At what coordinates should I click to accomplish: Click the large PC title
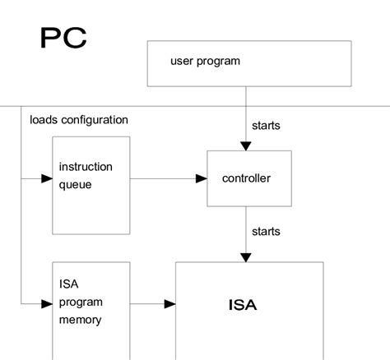click(63, 38)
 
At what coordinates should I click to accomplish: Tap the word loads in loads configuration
click(44, 120)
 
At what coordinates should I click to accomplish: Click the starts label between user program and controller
click(265, 126)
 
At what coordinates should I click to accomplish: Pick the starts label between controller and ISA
click(265, 232)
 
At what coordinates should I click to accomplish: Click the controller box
click(248, 178)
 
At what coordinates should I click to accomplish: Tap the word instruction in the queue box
click(86, 167)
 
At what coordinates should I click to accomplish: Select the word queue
click(75, 184)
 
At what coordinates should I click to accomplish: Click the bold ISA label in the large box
click(242, 305)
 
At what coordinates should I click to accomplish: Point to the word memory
click(80, 320)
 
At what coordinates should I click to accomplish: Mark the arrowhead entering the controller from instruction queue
click(201, 178)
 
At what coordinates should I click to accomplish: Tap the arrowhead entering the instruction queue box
click(46, 178)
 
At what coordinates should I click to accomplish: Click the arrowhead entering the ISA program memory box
click(46, 304)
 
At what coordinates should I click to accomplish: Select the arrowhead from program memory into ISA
click(169, 304)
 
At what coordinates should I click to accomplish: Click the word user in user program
click(182, 61)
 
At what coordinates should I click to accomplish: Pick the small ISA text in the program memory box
click(68, 285)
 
